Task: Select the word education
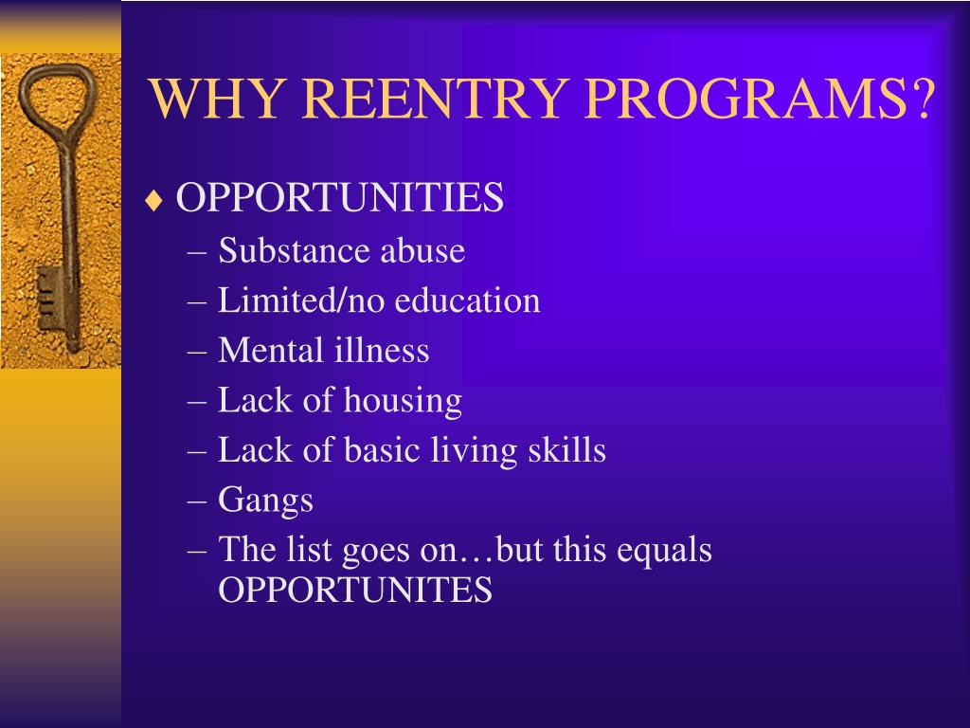(468, 301)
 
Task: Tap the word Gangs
(265, 500)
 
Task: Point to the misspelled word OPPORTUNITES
(355, 591)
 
